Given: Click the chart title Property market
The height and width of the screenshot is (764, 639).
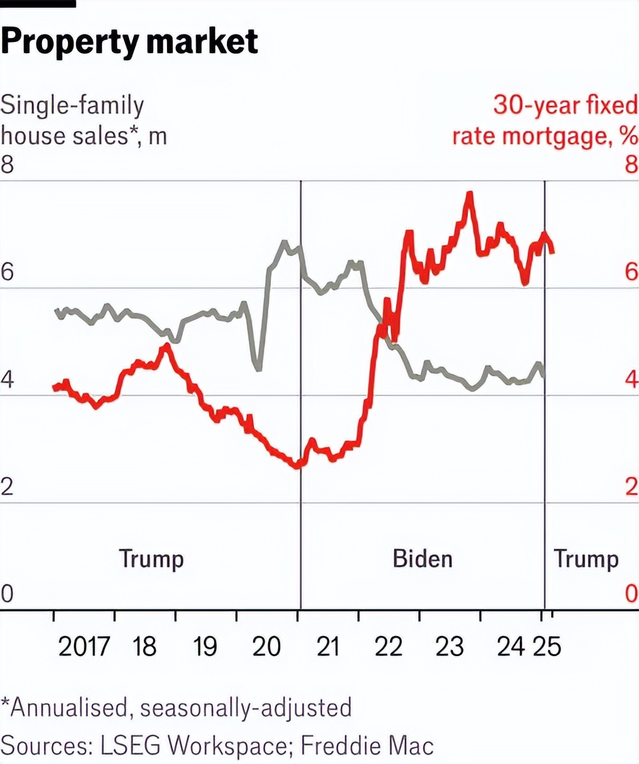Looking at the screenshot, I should pyautogui.click(x=129, y=41).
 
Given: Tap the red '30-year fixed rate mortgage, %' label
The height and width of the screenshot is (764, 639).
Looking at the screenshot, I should pyautogui.click(x=544, y=120).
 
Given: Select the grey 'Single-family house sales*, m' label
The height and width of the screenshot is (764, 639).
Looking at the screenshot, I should pyautogui.click(x=84, y=120).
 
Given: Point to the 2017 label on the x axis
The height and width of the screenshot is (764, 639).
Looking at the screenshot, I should pyautogui.click(x=84, y=646).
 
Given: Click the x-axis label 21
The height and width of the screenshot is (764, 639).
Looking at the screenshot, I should pyautogui.click(x=328, y=646).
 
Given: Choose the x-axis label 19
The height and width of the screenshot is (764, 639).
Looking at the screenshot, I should pyautogui.click(x=205, y=646).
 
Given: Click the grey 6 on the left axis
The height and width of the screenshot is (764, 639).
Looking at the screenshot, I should pyautogui.click(x=7, y=272).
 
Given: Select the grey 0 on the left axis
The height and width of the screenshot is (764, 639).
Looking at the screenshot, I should pyautogui.click(x=7, y=594).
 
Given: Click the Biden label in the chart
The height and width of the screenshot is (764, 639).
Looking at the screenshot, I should pyautogui.click(x=423, y=558).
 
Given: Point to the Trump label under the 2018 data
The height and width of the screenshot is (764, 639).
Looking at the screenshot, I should pyautogui.click(x=151, y=558).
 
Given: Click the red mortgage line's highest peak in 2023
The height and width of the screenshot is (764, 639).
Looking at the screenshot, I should pyautogui.click(x=470, y=194).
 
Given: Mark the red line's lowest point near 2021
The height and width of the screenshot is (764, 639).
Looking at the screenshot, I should pyautogui.click(x=297, y=466).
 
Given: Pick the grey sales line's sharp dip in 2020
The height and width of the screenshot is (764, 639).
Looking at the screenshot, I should pyautogui.click(x=258, y=367).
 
